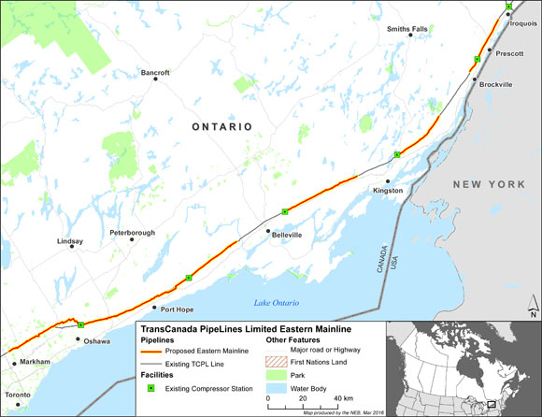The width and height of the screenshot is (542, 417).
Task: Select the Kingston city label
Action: (387, 191)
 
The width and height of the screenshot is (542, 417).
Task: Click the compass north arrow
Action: (531, 308)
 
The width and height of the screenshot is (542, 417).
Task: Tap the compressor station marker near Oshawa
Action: (81, 324)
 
